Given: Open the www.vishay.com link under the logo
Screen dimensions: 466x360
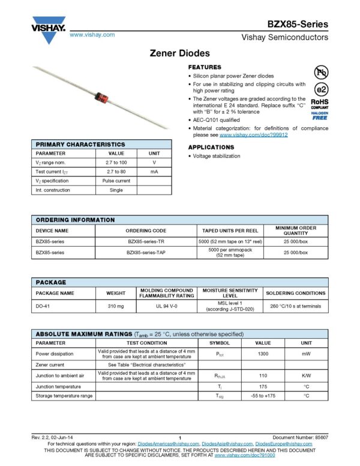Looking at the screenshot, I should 92,35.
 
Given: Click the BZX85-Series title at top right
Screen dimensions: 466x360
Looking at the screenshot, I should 298,25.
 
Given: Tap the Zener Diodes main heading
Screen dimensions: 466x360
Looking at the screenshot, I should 179,53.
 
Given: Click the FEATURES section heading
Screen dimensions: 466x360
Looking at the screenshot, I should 205,67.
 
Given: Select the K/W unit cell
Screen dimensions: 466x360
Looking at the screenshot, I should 306,375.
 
